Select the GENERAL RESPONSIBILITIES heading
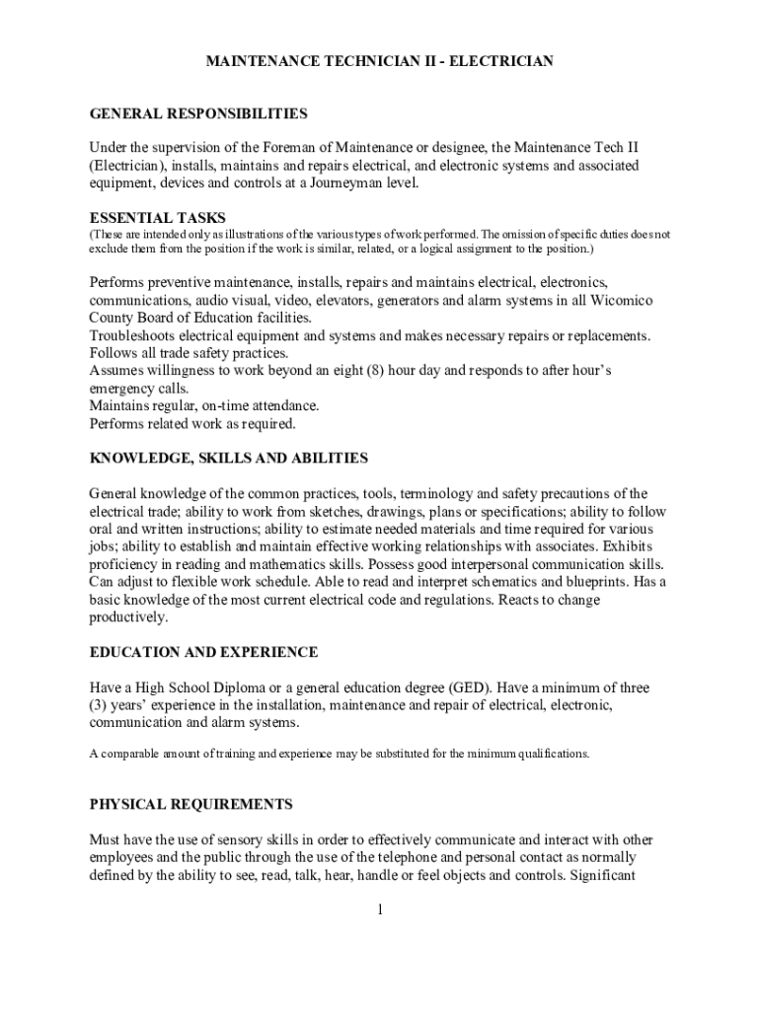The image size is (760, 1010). pyautogui.click(x=198, y=113)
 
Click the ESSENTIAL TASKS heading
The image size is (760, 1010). pyautogui.click(x=158, y=217)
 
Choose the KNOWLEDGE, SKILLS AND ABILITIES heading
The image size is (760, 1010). pyautogui.click(x=228, y=458)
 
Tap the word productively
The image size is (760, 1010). pyautogui.click(x=128, y=617)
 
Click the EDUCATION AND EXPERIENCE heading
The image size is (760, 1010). pyautogui.click(x=203, y=652)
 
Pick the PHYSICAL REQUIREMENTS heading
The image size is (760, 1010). pyautogui.click(x=190, y=804)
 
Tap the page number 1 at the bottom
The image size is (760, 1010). pyautogui.click(x=379, y=908)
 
